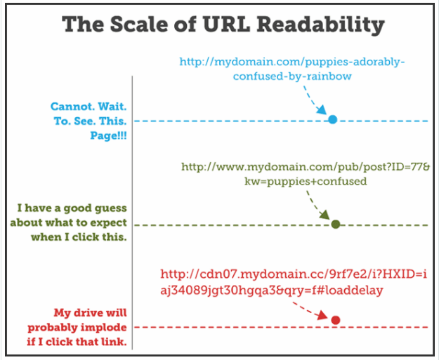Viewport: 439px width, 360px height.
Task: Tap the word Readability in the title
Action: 321,25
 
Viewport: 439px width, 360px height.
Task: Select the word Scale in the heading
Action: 139,24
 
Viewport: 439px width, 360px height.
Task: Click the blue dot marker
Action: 333,119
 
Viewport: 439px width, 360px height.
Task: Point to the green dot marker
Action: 336,224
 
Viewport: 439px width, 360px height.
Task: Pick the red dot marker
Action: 336,320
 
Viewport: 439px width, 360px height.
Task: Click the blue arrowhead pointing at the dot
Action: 322,109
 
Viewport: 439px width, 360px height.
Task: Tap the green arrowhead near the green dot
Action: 325,215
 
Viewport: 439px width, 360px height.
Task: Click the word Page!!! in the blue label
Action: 108,136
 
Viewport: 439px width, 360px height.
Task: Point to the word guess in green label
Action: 111,208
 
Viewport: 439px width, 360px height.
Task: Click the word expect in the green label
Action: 109,223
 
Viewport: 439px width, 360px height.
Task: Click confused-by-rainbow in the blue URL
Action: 292,76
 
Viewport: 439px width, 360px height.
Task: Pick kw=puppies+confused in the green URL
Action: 306,182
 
